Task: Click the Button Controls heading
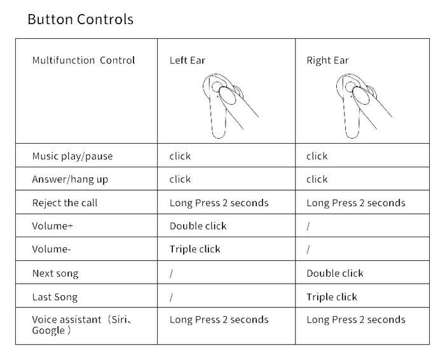point(80,19)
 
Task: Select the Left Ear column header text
point(188,60)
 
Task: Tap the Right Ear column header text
point(327,60)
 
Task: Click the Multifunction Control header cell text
point(83,60)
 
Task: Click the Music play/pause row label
point(72,156)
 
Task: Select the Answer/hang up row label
point(70,179)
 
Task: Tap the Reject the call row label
point(65,203)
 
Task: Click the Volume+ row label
point(53,226)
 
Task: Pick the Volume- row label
point(51,249)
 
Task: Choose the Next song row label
point(55,273)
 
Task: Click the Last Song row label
point(55,297)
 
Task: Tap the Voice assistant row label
point(82,325)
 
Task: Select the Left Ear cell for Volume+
point(198,226)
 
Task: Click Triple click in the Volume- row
point(195,249)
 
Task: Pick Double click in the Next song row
point(335,273)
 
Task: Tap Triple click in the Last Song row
point(332,297)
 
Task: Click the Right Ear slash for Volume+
point(308,226)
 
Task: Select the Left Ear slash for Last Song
point(172,297)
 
